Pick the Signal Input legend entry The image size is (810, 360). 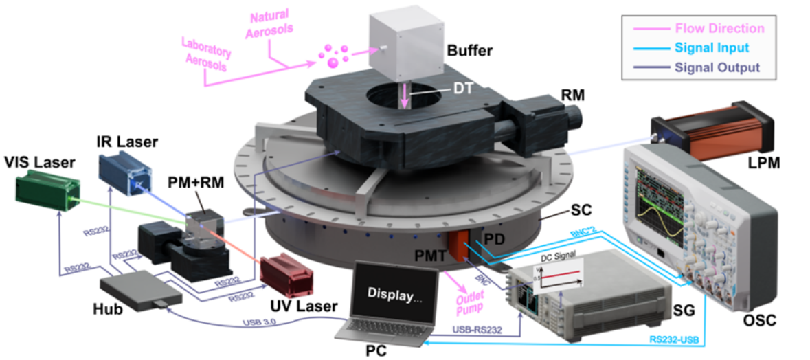point(711,48)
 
